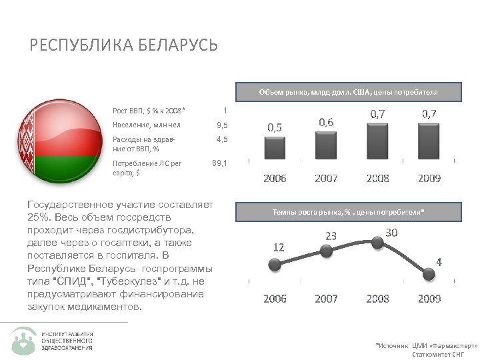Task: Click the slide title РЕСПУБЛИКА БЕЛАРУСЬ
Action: click(124, 45)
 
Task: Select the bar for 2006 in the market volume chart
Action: click(274, 147)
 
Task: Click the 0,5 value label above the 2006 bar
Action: click(274, 126)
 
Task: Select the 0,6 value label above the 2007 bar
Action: click(326, 121)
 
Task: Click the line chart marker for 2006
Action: click(274, 263)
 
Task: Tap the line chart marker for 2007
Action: click(326, 251)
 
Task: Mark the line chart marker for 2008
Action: click(377, 243)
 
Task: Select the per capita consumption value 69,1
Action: click(219, 162)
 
